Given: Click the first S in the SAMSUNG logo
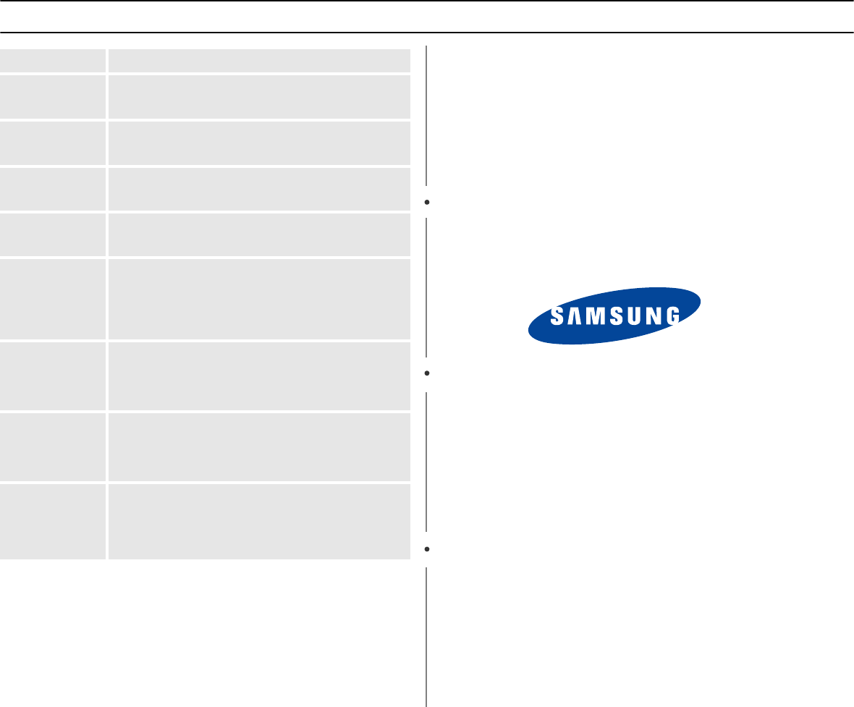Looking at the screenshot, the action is tap(557, 316).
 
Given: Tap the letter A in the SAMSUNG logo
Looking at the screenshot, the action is tap(574, 316).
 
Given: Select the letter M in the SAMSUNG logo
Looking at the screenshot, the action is tap(593, 316).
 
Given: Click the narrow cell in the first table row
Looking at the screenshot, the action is tap(53, 60).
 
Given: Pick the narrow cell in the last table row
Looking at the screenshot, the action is tap(53, 522).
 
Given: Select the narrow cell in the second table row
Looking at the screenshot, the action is tap(53, 97).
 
